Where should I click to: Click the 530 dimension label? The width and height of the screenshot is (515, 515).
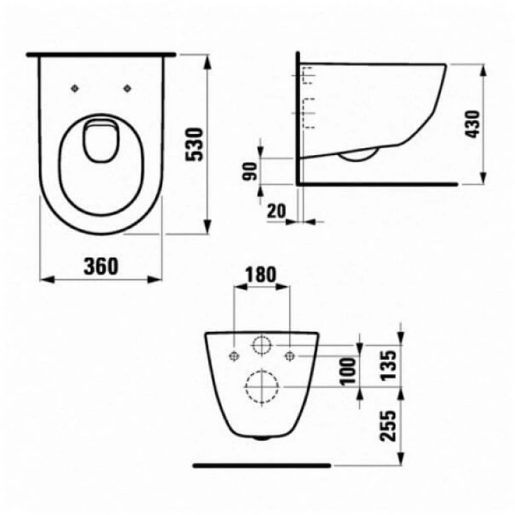[194, 144]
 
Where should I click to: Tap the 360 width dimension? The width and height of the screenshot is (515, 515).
[101, 266]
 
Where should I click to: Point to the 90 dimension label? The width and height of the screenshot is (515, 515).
[250, 172]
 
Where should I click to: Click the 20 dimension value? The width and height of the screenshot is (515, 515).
[277, 211]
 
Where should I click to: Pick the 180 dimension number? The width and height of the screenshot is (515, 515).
[261, 275]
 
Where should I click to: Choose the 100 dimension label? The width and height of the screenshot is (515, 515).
[348, 371]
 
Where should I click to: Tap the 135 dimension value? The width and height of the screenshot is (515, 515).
[389, 365]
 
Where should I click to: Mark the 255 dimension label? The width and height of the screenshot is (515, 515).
[389, 426]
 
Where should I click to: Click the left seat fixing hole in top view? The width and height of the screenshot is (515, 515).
[75, 88]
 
